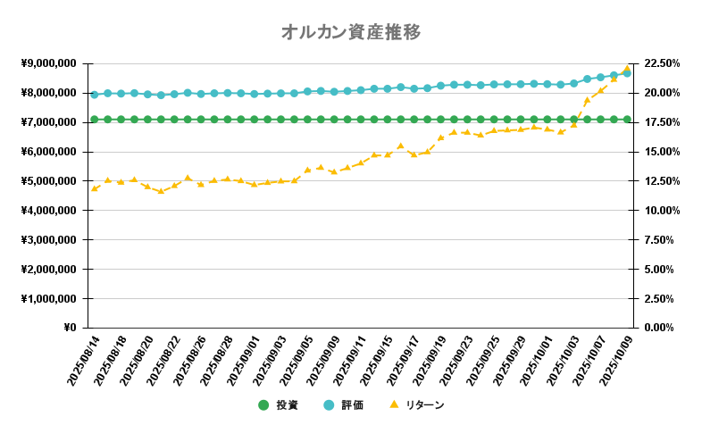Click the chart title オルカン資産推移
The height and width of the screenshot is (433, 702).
coord(351,32)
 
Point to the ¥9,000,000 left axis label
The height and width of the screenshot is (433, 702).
coord(48,63)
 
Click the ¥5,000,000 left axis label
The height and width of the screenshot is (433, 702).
coord(48,181)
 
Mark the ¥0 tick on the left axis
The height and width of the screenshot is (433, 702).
coord(69,328)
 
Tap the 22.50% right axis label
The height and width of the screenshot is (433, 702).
coord(662,63)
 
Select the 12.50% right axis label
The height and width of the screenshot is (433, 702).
coord(662,181)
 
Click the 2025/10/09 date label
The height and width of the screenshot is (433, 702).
coord(614,362)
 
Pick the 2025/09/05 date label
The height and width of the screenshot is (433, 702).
coord(294,362)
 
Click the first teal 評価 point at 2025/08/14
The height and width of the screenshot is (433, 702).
coord(94,94)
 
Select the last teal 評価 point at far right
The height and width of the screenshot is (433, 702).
coord(627,73)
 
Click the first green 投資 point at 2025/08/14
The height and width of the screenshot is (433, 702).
coord(94,119)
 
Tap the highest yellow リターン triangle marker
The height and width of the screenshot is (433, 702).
coord(627,68)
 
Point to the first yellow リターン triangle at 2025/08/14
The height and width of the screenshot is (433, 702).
coord(94,188)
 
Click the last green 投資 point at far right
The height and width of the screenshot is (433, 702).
coord(627,119)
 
